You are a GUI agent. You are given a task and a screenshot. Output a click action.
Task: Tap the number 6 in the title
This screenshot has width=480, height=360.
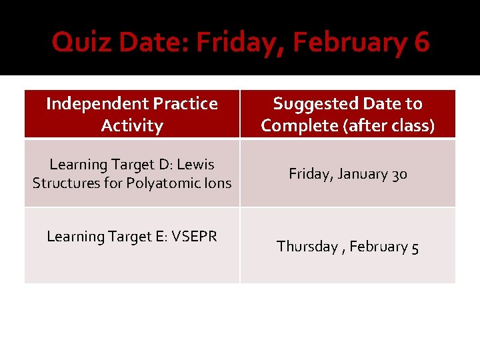(421, 43)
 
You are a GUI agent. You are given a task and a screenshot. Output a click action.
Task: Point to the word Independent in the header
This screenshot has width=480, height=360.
(97, 104)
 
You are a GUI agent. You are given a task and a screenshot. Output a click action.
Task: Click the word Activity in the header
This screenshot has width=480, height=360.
(132, 126)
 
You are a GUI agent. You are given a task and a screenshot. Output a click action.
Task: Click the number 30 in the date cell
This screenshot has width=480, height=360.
(399, 175)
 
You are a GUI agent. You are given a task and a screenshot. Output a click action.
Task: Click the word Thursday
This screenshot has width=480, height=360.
(307, 247)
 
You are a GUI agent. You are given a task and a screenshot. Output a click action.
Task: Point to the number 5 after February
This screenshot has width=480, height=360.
(415, 247)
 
